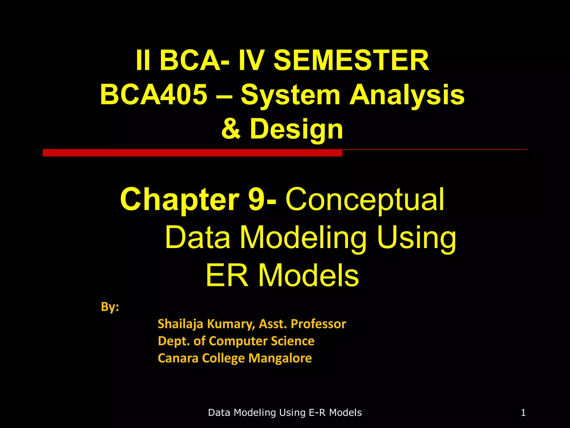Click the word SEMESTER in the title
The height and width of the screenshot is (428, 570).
[x=351, y=60]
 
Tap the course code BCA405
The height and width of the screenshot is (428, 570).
[x=154, y=95]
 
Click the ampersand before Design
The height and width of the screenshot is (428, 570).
[x=231, y=129]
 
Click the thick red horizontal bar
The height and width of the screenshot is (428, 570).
[x=192, y=153]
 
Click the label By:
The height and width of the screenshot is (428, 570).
[x=110, y=307]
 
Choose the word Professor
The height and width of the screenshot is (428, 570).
[x=318, y=324]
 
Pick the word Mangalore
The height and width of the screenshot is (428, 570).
[x=280, y=358]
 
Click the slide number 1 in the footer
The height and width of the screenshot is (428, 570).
[x=523, y=412]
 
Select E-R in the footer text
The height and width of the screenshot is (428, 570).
[x=318, y=412]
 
